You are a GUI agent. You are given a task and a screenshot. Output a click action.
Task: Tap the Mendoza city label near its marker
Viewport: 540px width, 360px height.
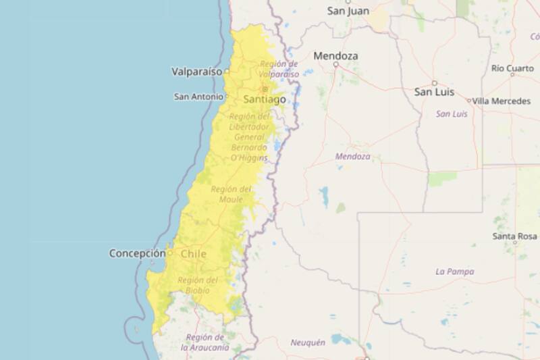(335, 55)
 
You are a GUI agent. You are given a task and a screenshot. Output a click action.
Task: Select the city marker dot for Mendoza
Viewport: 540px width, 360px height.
(335, 65)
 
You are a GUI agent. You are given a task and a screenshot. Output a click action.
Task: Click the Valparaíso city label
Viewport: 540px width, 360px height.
(198, 70)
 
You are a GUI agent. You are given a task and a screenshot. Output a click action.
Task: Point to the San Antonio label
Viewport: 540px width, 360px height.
(198, 97)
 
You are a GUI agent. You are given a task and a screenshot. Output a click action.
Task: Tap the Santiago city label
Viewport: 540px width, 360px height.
(265, 99)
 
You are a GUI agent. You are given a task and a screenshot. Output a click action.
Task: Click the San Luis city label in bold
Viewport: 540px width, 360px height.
(434, 92)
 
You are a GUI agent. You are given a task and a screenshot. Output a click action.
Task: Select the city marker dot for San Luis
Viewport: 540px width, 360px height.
(434, 83)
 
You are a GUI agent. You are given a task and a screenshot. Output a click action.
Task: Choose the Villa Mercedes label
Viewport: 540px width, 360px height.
(501, 101)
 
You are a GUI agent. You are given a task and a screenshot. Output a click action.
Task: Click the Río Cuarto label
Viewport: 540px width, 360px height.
(512, 68)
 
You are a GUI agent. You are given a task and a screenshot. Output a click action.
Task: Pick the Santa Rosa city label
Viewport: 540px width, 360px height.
(514, 236)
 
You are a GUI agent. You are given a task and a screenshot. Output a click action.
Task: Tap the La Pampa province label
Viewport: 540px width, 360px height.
(455, 272)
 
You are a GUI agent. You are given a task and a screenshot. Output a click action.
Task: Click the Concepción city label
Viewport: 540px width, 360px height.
(137, 253)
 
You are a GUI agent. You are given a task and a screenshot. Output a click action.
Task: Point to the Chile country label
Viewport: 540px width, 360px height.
(194, 254)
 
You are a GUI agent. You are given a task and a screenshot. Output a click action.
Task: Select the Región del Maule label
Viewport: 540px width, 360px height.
(231, 194)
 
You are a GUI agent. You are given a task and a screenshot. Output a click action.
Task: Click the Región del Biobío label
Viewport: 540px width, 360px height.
(197, 285)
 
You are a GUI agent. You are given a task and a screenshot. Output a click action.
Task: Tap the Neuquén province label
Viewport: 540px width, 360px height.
(308, 342)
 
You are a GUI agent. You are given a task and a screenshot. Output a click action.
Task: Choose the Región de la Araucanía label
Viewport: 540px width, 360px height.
(205, 342)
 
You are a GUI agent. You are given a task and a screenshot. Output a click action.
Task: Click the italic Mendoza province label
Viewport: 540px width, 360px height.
(353, 156)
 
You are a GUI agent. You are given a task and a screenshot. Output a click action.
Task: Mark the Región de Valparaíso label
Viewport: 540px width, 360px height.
(279, 69)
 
